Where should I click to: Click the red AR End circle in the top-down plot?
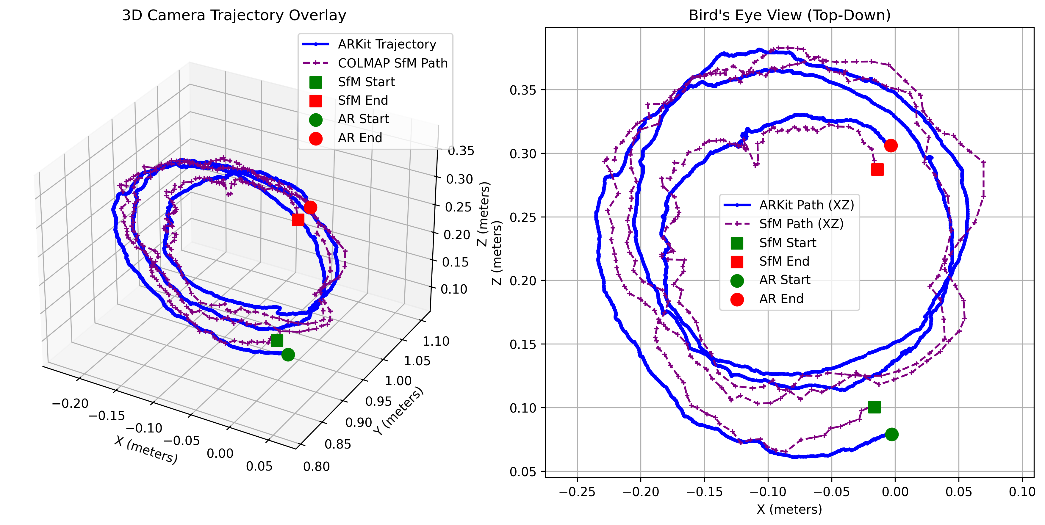point(891,145)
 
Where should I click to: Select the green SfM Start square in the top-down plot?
point(874,407)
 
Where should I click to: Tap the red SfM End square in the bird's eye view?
point(877,170)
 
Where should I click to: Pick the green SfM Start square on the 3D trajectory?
point(277,340)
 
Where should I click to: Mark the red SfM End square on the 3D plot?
point(298,220)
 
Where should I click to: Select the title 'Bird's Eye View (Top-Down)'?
point(789,15)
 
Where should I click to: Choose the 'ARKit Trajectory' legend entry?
point(387,44)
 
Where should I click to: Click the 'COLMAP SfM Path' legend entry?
point(392,63)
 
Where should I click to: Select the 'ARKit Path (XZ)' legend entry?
point(806,205)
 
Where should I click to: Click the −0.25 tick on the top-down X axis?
point(577,492)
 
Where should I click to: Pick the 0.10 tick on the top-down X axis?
point(1022,492)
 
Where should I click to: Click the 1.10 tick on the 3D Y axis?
point(436,341)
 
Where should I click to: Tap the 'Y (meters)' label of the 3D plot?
point(398,411)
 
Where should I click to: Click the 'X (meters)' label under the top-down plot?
point(789,509)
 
